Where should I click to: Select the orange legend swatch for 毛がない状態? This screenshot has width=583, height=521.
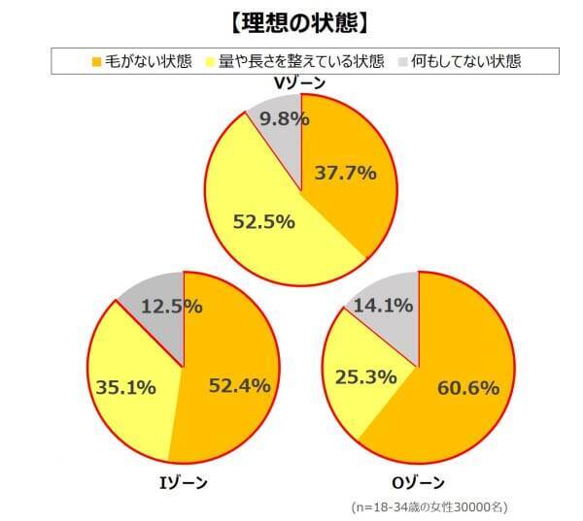coord(95,62)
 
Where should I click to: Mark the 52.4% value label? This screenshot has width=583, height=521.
coord(238,386)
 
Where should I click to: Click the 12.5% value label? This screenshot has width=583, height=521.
coord(171,307)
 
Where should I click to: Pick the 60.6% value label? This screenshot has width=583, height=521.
coord(466,388)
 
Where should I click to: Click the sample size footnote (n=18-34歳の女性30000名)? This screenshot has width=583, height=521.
coord(429,506)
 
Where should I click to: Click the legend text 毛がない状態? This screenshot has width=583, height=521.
coord(138,62)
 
